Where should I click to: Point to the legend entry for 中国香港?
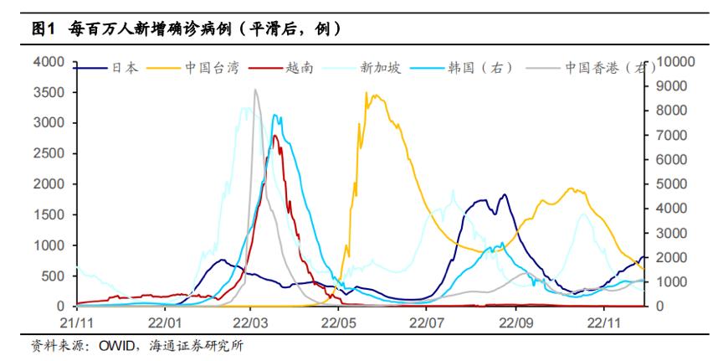598,68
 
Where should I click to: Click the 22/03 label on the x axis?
252,322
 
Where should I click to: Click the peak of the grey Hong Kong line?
256,90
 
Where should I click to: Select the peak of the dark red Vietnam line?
274,136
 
